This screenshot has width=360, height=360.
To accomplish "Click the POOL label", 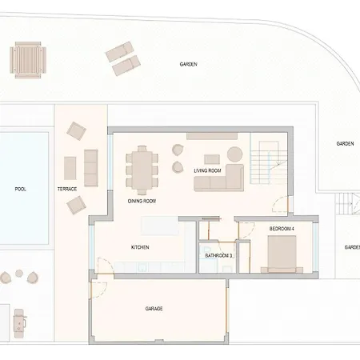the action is [20, 189].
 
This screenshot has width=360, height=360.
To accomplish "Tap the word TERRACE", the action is [67, 189].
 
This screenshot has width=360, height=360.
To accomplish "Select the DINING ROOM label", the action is [142, 201].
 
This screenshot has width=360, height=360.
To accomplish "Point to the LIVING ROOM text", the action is [207, 170].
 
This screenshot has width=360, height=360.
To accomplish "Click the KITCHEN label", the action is [140, 247].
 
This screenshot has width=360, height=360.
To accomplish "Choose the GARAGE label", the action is [154, 309].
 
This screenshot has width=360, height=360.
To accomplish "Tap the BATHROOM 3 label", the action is [218, 256].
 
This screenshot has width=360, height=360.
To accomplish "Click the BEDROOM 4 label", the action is [282, 229].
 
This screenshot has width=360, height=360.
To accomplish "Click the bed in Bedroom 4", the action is [282, 254].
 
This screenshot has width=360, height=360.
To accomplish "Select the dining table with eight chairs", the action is [142, 170].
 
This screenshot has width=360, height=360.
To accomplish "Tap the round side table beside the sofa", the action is [234, 154].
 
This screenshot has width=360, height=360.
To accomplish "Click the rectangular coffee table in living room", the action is [212, 159].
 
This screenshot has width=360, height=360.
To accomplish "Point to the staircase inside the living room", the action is [269, 162].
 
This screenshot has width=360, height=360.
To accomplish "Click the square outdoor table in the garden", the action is [28, 60].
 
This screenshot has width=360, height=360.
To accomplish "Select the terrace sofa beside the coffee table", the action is [91, 168].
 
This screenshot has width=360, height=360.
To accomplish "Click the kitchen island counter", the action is [160, 226].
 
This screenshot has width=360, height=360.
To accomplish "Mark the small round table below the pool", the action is [19, 274].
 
